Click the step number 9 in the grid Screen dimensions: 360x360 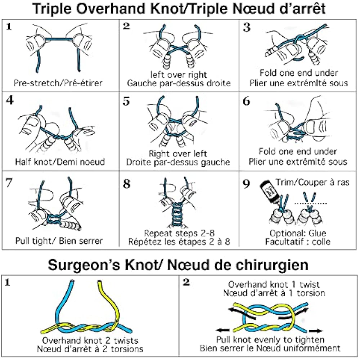(x=246, y=184)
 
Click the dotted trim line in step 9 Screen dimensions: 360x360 (x=310, y=203)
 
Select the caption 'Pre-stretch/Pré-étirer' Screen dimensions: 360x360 (x=58, y=83)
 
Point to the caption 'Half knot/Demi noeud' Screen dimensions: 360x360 (x=60, y=162)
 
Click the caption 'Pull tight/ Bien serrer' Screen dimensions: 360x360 (x=59, y=240)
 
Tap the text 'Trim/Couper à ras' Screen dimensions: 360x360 (x=312, y=183)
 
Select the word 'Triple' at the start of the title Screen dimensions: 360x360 (x=55, y=9)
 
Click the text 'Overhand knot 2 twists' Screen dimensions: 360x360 (x=90, y=340)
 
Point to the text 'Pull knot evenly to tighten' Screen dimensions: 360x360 (x=270, y=339)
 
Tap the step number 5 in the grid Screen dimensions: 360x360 (x=126, y=102)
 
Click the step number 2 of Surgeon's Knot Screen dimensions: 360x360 (x=186, y=282)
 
